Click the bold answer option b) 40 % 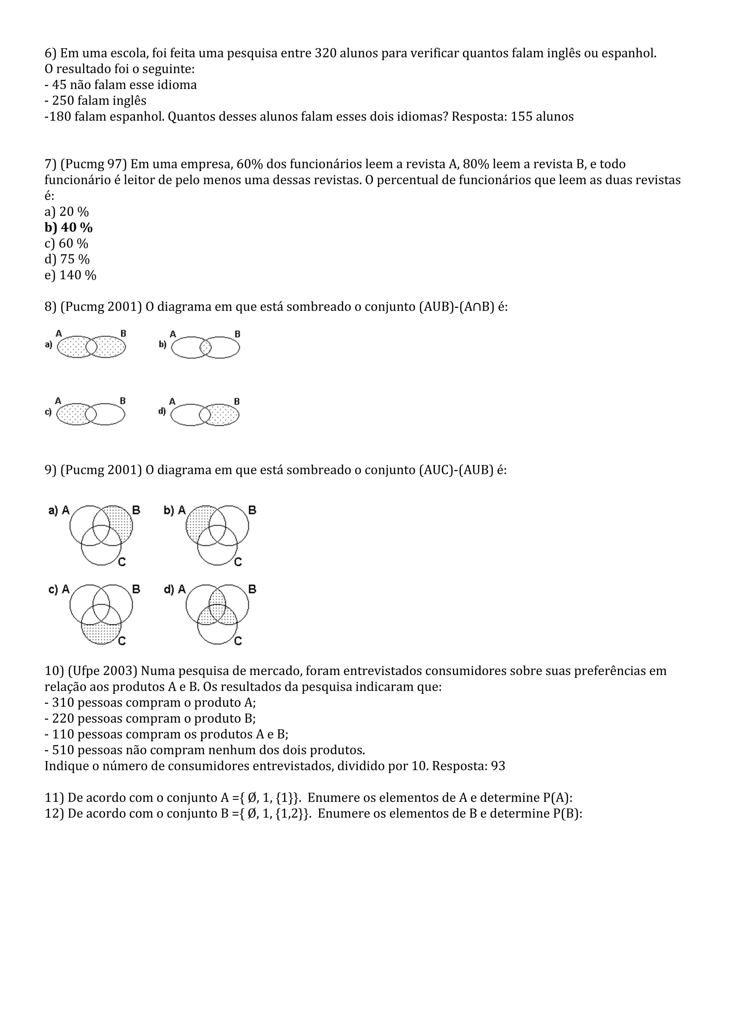[69, 227]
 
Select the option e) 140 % [70, 275]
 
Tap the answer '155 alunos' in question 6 [542, 116]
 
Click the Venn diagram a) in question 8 [91, 347]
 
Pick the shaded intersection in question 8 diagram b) [206, 347]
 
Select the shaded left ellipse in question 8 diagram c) [71, 414]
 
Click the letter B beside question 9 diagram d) [252, 589]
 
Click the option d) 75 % [67, 259]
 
